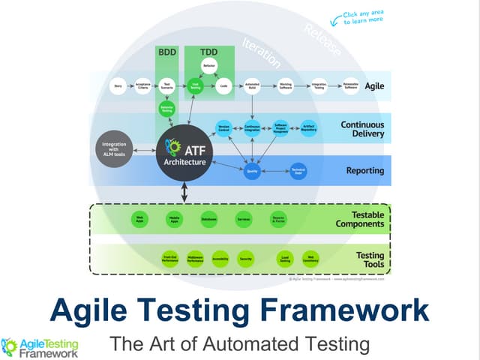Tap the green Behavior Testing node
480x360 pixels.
coord(167,109)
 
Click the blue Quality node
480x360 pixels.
coord(253,171)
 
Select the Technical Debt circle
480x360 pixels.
coord(298,171)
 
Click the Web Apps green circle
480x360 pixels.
coord(139,220)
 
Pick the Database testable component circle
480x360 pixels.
coord(209,220)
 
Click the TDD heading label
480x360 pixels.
coord(209,53)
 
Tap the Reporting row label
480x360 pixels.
coord(364,171)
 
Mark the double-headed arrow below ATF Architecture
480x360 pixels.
coord(184,193)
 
